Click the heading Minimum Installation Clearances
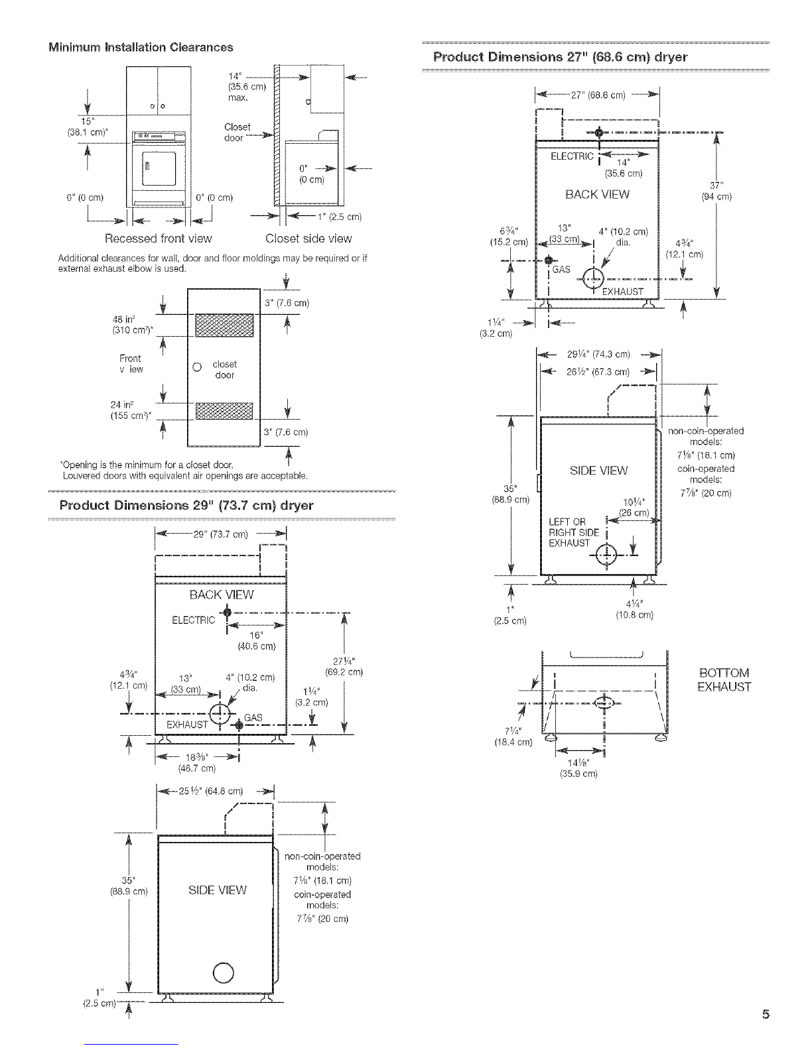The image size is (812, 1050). [141, 47]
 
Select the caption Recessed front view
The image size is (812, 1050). [158, 238]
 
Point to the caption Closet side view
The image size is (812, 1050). [308, 238]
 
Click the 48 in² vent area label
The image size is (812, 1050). [132, 325]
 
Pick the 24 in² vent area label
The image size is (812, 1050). [131, 410]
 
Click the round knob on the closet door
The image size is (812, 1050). [197, 367]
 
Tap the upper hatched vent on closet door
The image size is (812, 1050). [224, 325]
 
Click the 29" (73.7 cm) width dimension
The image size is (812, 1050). [220, 534]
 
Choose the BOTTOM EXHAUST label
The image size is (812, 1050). [724, 679]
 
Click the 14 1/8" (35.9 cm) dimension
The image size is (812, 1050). [579, 768]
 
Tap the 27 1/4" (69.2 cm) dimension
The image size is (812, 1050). [344, 666]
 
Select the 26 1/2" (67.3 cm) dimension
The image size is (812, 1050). [598, 372]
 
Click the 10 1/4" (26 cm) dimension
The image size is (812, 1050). [634, 507]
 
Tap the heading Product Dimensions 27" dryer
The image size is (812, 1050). [560, 57]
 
